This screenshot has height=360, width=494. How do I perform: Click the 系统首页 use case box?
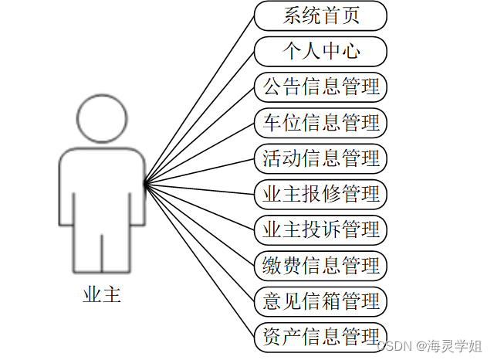click(x=320, y=15)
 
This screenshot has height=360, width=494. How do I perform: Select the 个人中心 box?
click(x=320, y=51)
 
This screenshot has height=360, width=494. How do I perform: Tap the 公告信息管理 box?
click(x=320, y=87)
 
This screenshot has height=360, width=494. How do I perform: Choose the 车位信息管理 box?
click(x=320, y=122)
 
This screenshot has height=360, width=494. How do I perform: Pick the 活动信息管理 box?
click(x=320, y=158)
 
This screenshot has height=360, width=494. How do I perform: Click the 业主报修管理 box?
click(x=320, y=193)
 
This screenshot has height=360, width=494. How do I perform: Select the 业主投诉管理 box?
click(x=320, y=229)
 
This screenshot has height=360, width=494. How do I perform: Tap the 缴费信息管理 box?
click(x=320, y=264)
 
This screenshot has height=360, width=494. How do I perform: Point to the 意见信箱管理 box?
click(x=320, y=300)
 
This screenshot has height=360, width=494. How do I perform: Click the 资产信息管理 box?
click(x=320, y=335)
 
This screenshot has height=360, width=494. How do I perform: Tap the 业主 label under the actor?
click(x=102, y=295)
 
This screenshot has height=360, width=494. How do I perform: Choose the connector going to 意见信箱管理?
click(x=200, y=243)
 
